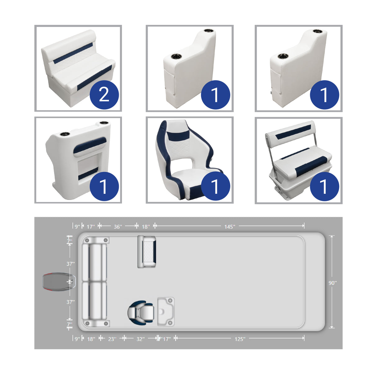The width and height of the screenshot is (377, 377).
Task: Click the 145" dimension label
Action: [x=229, y=227]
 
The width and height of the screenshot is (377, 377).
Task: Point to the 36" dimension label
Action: [x=118, y=227]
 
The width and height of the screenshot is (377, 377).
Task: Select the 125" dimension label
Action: [x=240, y=339]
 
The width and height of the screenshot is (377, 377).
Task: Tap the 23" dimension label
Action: [x=112, y=339]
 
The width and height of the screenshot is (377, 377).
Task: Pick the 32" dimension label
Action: [x=141, y=339]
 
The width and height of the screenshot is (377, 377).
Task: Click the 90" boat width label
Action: [x=333, y=283]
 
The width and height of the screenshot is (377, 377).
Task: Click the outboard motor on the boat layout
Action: [x=57, y=282]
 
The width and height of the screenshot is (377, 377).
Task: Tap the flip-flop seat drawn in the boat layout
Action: [x=147, y=252]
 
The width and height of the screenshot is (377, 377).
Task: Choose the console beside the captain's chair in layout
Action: [x=166, y=312]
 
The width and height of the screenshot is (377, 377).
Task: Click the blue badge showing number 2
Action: [x=104, y=94]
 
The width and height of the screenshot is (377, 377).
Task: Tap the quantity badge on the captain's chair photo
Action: [x=215, y=186]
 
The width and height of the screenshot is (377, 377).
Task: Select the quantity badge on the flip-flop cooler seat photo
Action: [x=324, y=186]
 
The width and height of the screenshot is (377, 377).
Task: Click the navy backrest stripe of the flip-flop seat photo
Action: [x=293, y=132]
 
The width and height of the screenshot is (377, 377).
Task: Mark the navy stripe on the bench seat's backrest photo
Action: [x=74, y=53]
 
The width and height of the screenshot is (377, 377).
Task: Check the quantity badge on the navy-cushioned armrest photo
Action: [x=104, y=186]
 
